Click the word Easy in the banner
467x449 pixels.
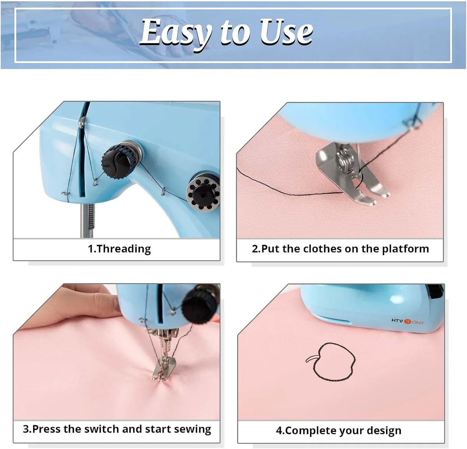point(176,33)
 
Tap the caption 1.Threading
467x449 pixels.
point(119,249)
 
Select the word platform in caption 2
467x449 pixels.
point(405,249)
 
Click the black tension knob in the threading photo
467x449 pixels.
point(118,160)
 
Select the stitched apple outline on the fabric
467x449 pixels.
point(331,362)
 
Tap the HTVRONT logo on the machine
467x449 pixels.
point(408,321)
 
